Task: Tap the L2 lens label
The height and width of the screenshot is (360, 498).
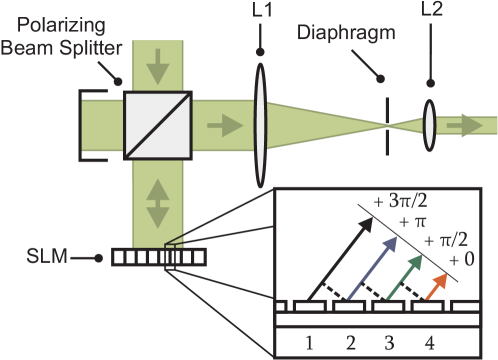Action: point(431,11)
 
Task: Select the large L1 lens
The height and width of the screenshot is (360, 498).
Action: point(259,126)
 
